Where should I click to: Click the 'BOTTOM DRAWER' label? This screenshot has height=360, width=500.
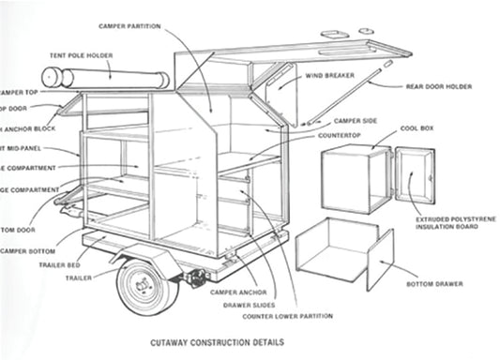click(432, 283)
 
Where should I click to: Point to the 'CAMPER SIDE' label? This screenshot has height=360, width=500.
click(357, 121)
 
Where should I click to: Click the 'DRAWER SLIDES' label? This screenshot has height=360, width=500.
click(249, 305)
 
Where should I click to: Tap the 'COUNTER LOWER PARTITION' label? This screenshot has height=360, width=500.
click(270, 316)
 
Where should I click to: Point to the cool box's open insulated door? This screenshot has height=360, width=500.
click(414, 176)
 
